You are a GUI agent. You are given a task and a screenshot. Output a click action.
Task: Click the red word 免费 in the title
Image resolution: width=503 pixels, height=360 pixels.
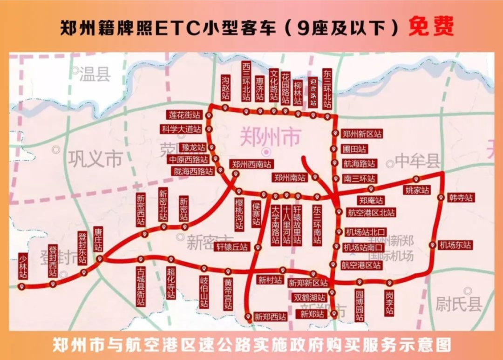431,27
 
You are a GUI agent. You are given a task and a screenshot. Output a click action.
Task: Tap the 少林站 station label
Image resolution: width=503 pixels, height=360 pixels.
23,266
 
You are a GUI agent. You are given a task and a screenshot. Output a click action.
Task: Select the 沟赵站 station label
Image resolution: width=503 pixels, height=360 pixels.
225,88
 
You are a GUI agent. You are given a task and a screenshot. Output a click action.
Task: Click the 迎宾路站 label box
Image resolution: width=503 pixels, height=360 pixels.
313,92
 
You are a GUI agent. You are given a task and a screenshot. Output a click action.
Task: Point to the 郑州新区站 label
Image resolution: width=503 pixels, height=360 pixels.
362,134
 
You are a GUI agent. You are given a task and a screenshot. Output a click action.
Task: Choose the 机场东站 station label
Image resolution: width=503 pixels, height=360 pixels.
455,245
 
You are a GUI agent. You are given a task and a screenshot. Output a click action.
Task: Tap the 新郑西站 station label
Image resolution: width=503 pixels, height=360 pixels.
270,317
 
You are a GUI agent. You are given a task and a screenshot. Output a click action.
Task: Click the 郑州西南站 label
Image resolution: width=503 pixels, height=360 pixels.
251,164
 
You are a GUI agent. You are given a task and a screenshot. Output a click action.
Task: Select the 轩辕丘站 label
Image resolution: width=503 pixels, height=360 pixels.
232,247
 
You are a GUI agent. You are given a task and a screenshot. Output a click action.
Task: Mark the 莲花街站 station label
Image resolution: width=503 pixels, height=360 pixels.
185,115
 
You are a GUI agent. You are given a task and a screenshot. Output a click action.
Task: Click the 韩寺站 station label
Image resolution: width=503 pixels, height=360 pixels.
461,198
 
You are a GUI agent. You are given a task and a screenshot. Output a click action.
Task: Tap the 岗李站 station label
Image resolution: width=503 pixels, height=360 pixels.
389,302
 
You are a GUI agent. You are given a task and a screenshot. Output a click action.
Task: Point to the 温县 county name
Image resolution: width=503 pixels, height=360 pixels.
95,74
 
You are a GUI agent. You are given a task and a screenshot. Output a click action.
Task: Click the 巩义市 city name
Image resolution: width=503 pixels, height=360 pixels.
95,159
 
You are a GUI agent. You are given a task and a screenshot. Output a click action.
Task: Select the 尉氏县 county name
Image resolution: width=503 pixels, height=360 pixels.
459,305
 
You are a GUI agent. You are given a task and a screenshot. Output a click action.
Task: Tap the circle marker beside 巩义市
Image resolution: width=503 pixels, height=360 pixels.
56,150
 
